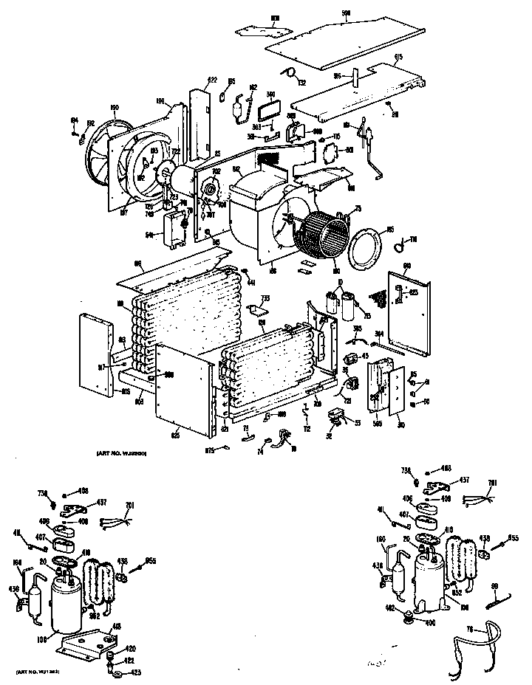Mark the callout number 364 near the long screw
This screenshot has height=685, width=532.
pos(379,334)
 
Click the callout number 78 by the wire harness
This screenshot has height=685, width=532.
pos(467,630)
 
